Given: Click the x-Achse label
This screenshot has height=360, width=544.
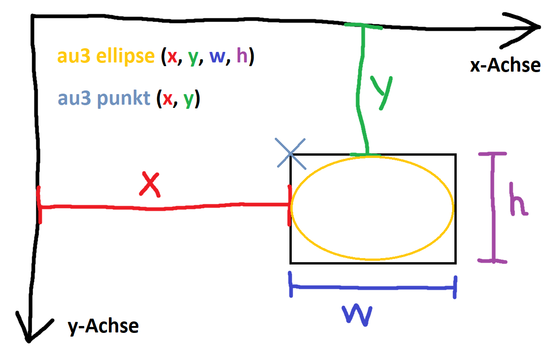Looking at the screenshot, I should [x=505, y=66].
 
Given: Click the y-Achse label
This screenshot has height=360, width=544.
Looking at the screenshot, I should [x=103, y=326].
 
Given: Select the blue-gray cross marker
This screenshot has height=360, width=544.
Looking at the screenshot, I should [x=291, y=153].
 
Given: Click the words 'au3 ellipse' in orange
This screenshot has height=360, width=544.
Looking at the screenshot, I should [x=106, y=56].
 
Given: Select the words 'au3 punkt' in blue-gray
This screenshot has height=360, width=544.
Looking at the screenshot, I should [x=104, y=99].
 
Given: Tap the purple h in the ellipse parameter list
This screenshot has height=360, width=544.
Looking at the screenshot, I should [x=241, y=56].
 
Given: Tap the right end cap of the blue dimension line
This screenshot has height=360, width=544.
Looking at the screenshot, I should [x=455, y=287].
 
